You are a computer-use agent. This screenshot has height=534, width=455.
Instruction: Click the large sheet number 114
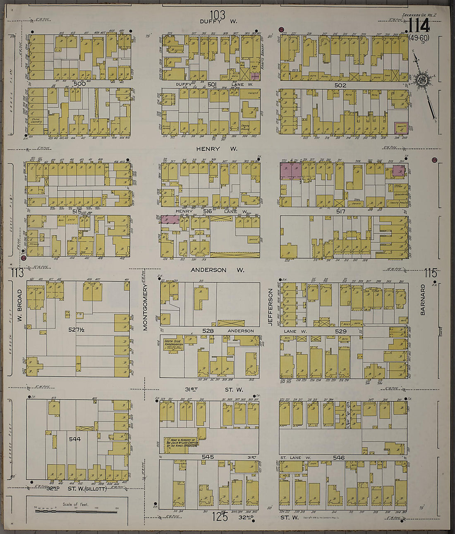[x=419, y=26]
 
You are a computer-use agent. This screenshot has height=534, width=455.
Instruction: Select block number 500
[x=79, y=84]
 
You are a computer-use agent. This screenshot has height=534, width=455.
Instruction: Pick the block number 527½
[x=77, y=330]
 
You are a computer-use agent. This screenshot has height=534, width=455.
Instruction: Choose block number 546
[x=338, y=457]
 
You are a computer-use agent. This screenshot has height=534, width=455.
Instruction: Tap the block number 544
[x=74, y=439]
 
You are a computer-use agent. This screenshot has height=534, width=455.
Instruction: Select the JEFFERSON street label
[x=270, y=307]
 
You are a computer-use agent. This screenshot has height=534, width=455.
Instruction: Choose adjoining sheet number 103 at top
[x=217, y=14]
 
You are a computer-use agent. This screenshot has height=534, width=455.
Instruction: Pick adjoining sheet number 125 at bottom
[x=219, y=517]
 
